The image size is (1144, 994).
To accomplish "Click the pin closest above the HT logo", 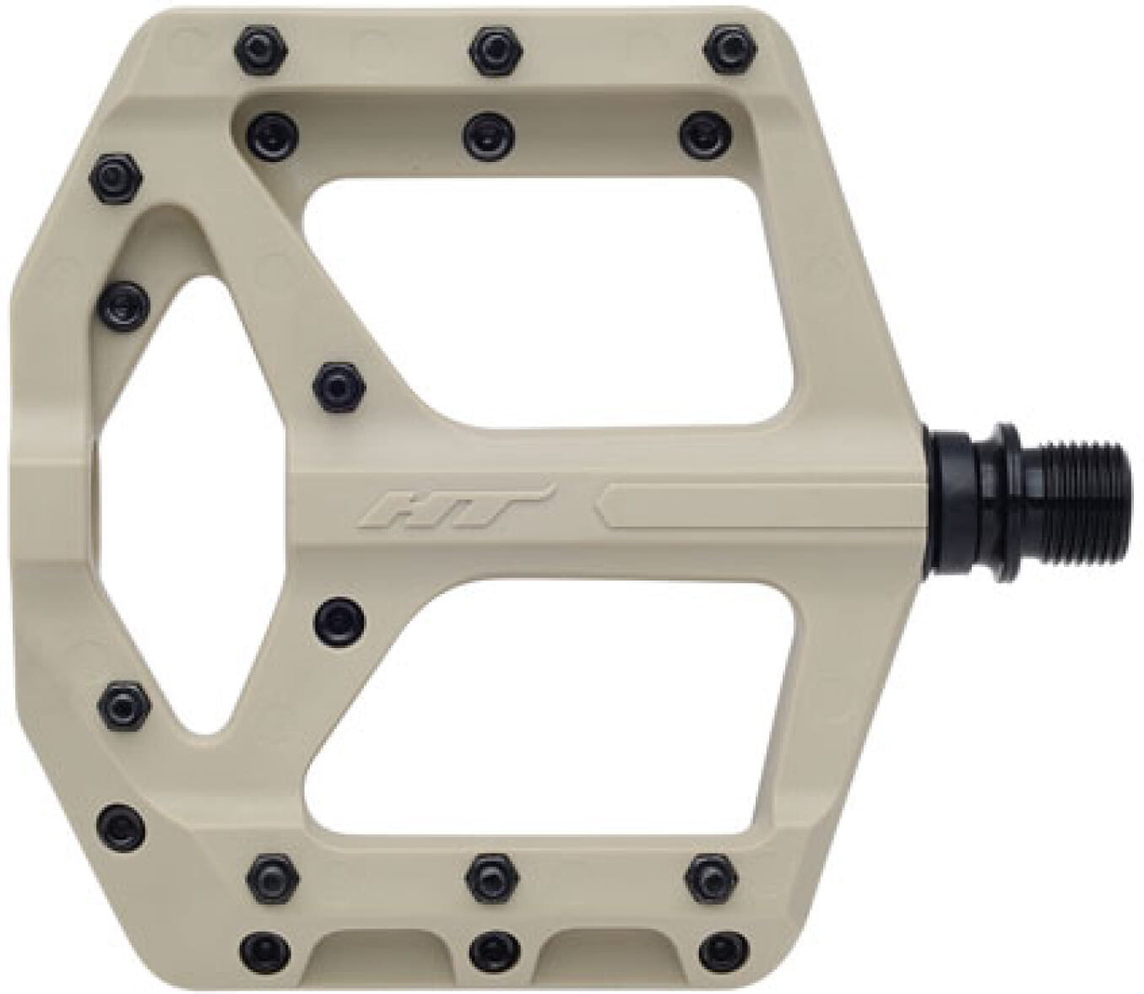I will (339, 384).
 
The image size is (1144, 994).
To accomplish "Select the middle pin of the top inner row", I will (488, 132).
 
